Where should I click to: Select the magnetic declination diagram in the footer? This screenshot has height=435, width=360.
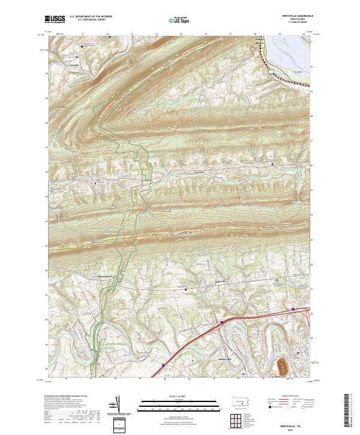(118, 407)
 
